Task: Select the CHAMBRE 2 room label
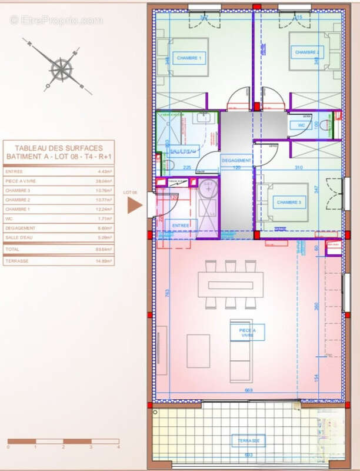[307, 52]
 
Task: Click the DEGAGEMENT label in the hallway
[236, 160]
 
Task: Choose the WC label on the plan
[301, 125]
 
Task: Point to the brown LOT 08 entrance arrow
[135, 205]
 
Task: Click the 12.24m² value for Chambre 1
[105, 209]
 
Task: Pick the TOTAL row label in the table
[13, 250]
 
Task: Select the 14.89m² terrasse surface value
[105, 260]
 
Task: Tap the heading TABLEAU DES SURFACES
[59, 148]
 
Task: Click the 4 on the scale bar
[118, 447]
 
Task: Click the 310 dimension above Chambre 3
[298, 168]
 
